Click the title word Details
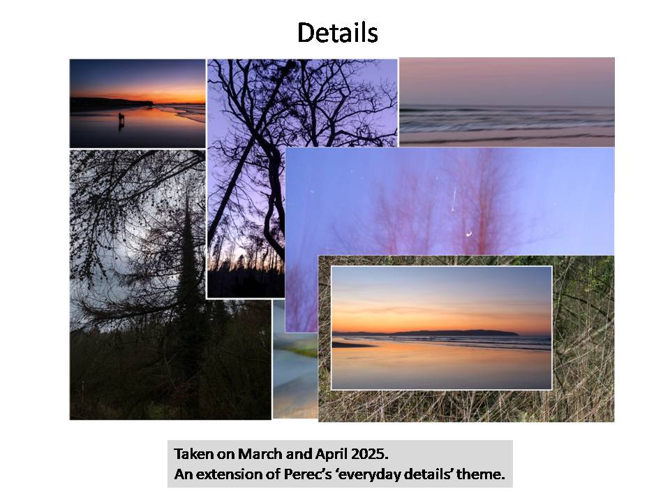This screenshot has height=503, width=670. click(338, 33)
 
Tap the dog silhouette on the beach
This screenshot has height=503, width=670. click(121, 119)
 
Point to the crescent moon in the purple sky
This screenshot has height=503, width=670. click(469, 233)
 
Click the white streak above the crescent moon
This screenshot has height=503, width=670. click(454, 199)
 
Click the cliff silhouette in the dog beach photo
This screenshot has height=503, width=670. click(112, 103)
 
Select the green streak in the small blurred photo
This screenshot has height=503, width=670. click(301, 351)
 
